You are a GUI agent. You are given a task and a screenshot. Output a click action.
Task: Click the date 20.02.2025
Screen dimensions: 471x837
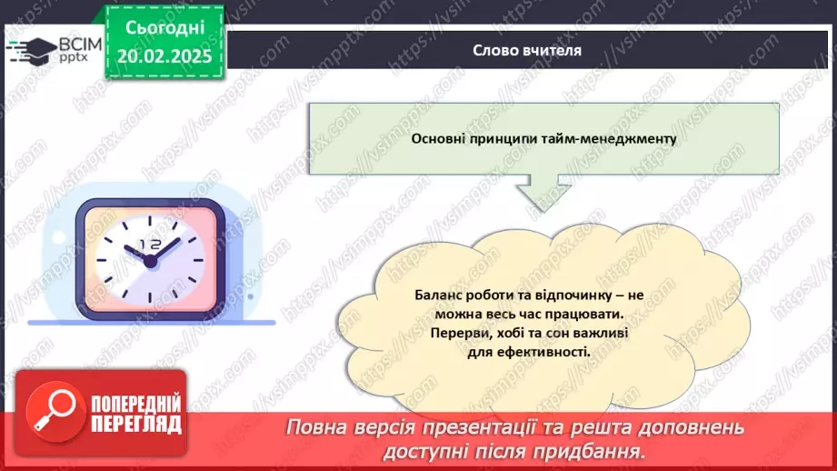164,55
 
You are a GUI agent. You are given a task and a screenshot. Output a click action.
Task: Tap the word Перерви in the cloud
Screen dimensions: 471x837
456,333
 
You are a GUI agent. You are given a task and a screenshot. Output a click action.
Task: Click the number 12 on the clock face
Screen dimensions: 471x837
150,245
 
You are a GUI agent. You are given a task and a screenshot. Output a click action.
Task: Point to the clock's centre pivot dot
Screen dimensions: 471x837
150,261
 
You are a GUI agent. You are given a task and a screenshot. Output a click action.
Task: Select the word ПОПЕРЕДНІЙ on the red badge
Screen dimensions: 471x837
135,404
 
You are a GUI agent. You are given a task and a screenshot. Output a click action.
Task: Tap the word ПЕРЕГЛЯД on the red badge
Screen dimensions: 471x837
135,424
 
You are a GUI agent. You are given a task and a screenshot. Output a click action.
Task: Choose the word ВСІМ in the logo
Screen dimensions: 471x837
76,43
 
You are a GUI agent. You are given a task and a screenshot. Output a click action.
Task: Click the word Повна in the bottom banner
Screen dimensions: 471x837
319,428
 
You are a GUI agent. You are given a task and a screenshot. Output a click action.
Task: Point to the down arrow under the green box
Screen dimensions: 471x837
543,193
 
